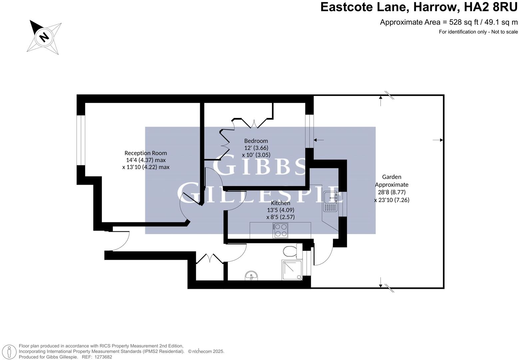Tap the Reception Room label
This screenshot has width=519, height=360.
(x=146, y=153)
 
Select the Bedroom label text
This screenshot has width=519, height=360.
(x=256, y=141)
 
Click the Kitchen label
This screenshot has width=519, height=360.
(x=280, y=203)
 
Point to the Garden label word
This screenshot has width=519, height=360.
(x=391, y=177)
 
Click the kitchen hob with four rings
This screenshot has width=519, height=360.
(x=280, y=230)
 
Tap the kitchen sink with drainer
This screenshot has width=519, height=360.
(x=330, y=202)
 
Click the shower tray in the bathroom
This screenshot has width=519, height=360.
(x=292, y=270)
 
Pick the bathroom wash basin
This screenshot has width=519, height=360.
(x=251, y=276)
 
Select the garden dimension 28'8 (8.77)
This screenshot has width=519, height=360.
(x=391, y=192)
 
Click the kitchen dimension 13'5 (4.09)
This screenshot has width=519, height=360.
(x=280, y=210)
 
